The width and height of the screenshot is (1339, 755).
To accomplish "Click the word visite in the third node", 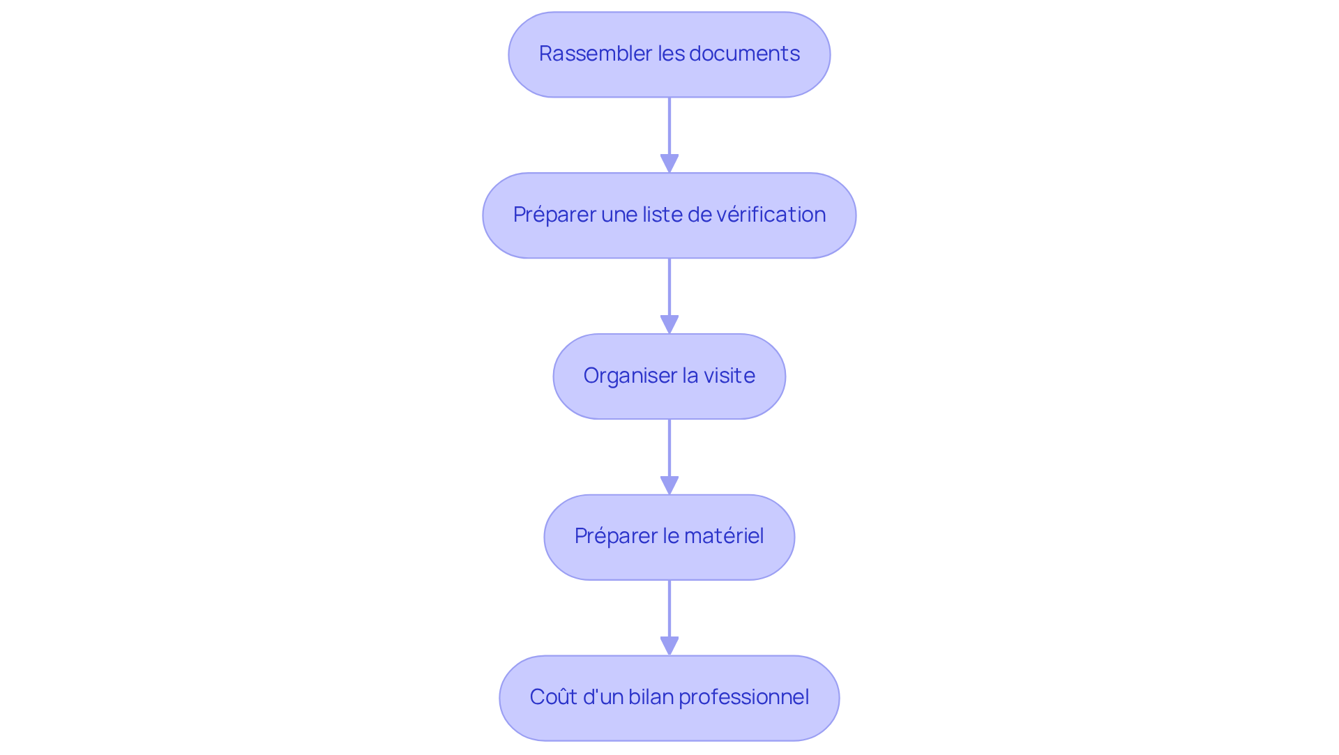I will coord(729,376).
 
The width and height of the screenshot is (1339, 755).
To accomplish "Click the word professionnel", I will coord(743,697).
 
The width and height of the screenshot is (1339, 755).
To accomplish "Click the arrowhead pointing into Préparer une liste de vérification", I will coord(669,164).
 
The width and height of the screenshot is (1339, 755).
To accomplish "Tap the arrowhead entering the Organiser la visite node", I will coord(669,325).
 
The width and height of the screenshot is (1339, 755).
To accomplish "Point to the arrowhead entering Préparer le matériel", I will coord(669,486).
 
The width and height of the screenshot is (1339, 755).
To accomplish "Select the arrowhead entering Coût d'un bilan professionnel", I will coord(669,646).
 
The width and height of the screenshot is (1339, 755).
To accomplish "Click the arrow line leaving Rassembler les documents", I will coord(669,125).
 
